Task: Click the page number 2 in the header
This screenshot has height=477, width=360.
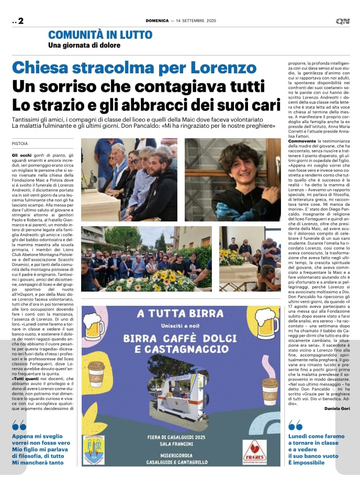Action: coord(20,21)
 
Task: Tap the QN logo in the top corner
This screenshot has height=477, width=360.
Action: coord(343,21)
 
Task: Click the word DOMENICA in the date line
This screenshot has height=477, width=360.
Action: coord(156,21)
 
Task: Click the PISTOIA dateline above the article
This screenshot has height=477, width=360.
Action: coord(20,143)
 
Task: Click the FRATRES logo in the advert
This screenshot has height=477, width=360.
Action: coord(254,450)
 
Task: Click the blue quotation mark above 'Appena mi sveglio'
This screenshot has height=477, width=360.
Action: coord(19,425)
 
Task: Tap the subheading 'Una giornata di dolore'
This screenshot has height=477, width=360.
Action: coord(84,45)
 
